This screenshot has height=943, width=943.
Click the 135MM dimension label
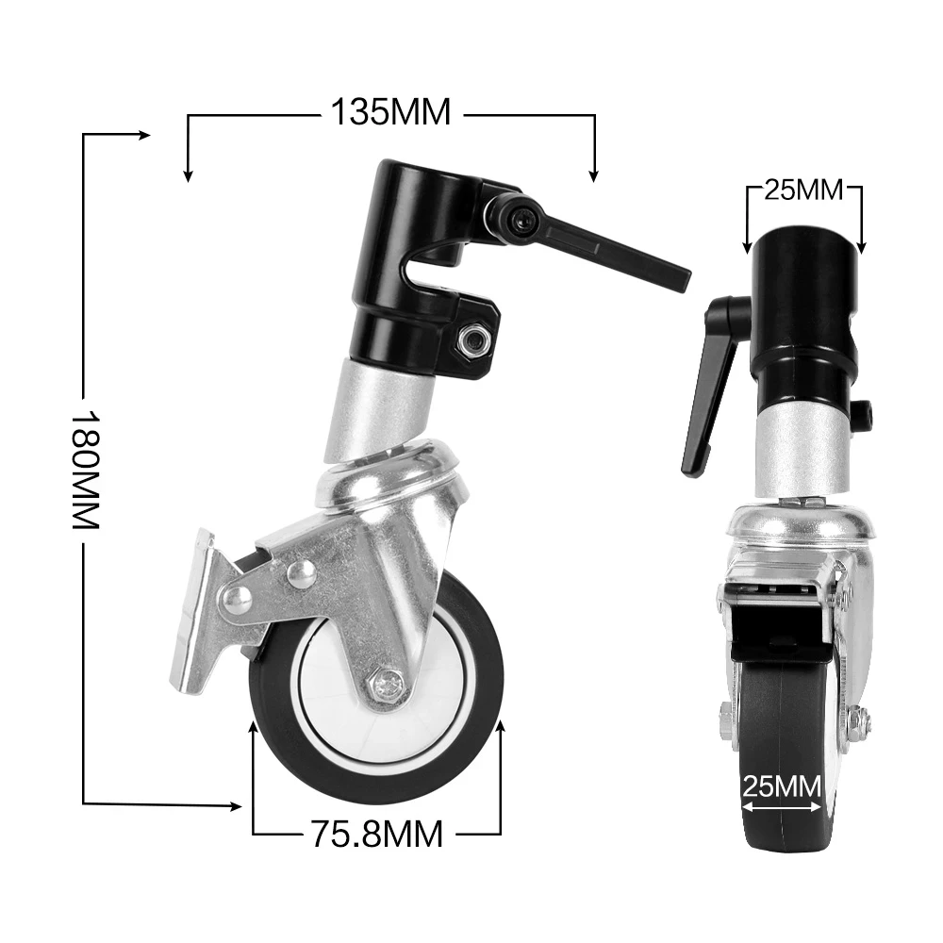tap(390, 112)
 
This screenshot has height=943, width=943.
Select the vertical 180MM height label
tap(86, 469)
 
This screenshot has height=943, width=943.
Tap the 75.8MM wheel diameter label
tap(376, 834)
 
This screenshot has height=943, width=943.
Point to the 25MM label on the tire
tap(780, 786)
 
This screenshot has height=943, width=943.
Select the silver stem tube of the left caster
tap(377, 410)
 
